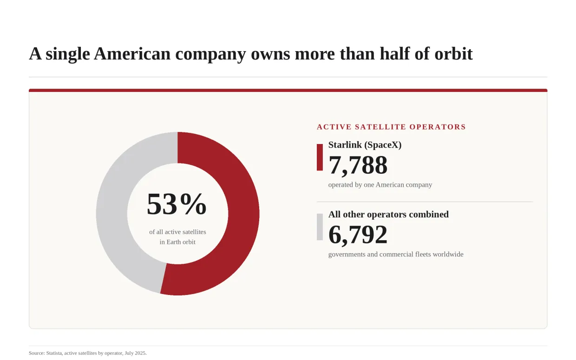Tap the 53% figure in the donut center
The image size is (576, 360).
[177, 204]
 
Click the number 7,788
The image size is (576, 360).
[358, 165]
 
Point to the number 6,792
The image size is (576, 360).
[358, 235]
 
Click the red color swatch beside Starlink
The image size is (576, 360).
[320, 157]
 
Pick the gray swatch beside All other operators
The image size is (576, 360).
[320, 227]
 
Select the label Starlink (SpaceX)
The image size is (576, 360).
[365, 145]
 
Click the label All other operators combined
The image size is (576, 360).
[388, 215]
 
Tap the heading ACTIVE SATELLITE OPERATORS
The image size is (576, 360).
[391, 127]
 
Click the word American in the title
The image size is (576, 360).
[132, 54]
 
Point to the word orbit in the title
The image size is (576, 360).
[453, 54]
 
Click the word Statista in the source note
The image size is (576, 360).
[54, 353]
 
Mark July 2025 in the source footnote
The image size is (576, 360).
[135, 353]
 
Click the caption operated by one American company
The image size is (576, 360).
[380, 185]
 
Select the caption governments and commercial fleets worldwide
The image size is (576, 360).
[396, 254]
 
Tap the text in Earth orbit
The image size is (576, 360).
[177, 242]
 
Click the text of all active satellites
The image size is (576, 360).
[177, 232]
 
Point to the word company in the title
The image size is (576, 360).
[210, 54]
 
